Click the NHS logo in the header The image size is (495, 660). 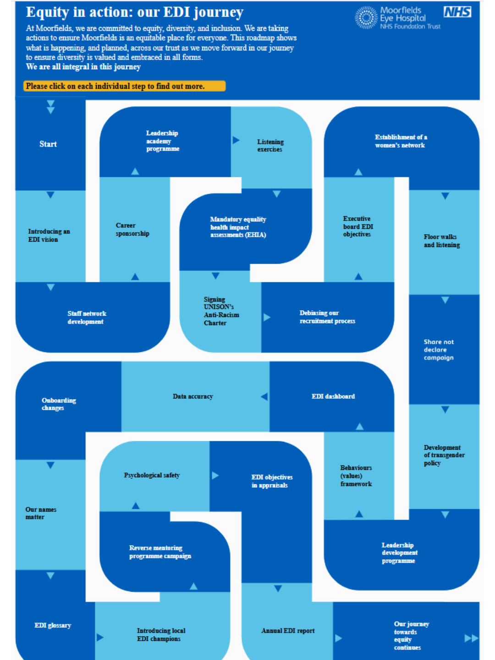[x=457, y=12]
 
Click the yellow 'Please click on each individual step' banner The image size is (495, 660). [x=124, y=86]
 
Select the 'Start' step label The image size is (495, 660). [x=48, y=144]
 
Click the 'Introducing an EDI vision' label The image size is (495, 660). [x=49, y=235]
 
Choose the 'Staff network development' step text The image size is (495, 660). [x=87, y=317]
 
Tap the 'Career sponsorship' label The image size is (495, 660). [x=132, y=229]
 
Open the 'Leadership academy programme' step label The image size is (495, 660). [x=163, y=141]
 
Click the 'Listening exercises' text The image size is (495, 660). [x=270, y=145]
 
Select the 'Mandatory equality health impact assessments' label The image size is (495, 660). [x=238, y=227]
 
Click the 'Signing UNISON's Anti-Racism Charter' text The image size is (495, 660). [x=221, y=311]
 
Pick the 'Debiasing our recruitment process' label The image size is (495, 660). [x=327, y=317]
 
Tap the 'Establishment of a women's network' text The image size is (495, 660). [x=401, y=141]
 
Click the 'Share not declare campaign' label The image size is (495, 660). [x=439, y=350]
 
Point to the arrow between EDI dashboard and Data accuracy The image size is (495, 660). [x=264, y=396]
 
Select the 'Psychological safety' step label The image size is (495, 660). [x=152, y=475]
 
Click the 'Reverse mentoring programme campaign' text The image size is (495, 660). [x=160, y=552]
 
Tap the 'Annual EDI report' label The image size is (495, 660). [x=288, y=631]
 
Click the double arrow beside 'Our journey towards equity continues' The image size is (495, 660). [x=471, y=638]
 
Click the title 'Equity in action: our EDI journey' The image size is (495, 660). [x=135, y=12]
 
